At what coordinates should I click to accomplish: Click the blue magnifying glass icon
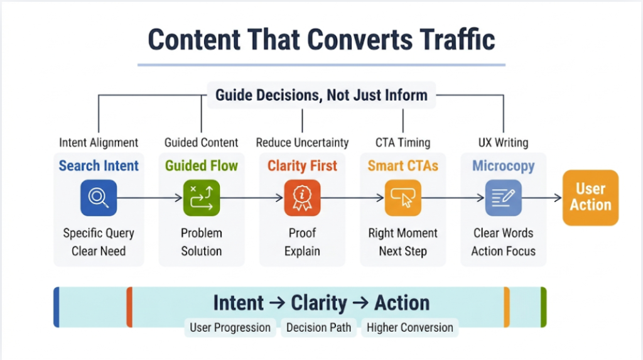pos(99,198)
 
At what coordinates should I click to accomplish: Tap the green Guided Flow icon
pos(202,198)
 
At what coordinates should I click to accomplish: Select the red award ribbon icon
pos(302,198)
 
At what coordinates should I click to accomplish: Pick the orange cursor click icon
pos(403,198)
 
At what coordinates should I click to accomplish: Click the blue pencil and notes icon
pos(504,198)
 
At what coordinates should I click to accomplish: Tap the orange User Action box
pos(590,197)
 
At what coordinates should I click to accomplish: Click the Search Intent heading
pos(99,166)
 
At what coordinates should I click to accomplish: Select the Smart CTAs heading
pos(403,166)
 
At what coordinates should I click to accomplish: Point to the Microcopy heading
pos(504,166)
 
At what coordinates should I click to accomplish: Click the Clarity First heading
pos(302,166)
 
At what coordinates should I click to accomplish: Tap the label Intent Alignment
pos(99,143)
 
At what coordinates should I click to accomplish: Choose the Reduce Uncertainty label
pos(302,143)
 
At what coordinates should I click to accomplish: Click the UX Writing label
pos(504,143)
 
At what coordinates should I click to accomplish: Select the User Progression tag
pos(230,327)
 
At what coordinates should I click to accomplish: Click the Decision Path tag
pos(319,327)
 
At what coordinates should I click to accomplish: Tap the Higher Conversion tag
pos(409,327)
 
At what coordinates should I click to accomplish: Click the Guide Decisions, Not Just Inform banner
pos(321,95)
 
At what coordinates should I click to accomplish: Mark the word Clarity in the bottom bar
pos(319,303)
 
